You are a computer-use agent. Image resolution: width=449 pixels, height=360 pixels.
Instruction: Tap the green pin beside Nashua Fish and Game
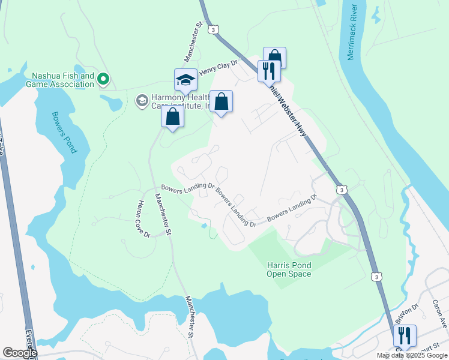[103, 79]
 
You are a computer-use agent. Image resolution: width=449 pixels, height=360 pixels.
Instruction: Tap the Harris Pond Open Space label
[289, 269]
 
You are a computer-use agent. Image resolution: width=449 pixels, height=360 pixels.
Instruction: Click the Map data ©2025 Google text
[412, 355]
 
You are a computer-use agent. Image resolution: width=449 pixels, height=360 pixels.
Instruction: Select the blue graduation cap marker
[186, 80]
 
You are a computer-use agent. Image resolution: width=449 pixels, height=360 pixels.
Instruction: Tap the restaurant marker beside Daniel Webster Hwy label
[269, 71]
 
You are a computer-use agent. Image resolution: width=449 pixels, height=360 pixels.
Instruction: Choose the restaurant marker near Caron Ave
[405, 335]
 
